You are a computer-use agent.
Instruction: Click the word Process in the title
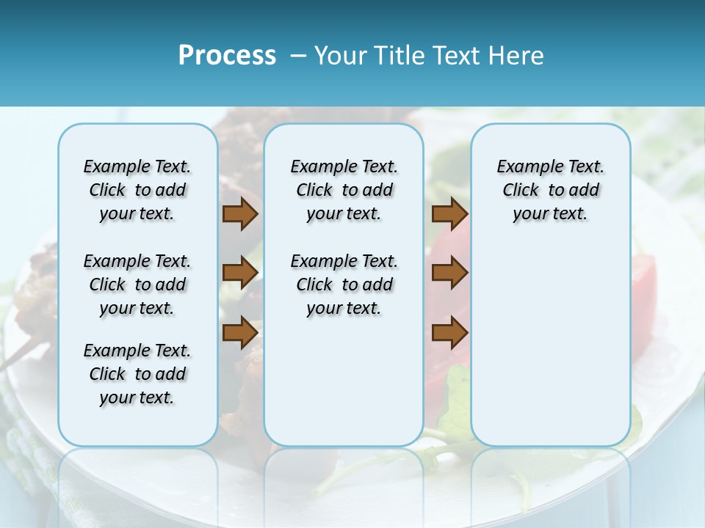pos(227,56)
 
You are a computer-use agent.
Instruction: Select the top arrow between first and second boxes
pos(240,214)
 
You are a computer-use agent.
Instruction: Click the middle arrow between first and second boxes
pos(240,274)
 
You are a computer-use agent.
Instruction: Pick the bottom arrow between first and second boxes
pos(240,332)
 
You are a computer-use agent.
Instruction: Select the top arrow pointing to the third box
pos(449,214)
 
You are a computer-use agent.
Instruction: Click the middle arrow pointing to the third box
pos(449,274)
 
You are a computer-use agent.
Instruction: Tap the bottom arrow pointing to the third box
pos(449,332)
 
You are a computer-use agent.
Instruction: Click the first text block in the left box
pos(137,190)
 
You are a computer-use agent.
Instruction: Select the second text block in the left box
pos(137,285)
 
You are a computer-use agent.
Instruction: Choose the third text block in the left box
pos(137,374)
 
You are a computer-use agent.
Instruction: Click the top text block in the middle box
pos(344,190)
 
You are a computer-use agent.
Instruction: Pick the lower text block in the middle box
pos(344,285)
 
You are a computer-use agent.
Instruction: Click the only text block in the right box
pos(550,190)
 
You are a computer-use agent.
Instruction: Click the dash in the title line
pos(298,56)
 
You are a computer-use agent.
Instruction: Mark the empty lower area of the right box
pos(550,345)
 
